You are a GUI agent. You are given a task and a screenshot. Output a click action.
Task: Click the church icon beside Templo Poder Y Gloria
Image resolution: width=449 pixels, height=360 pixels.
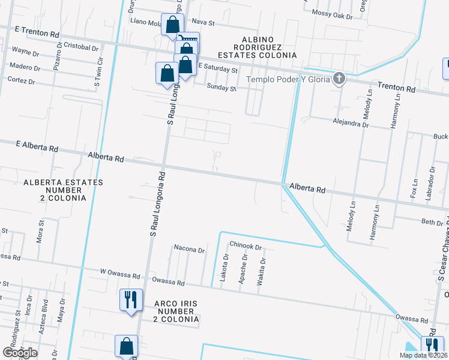(339, 78)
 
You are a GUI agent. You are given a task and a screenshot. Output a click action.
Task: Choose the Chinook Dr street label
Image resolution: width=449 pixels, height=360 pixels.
(246, 247)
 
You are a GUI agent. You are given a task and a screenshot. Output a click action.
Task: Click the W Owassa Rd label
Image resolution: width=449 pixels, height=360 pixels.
(120, 271)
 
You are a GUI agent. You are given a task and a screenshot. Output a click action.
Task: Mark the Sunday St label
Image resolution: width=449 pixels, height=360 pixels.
(221, 88)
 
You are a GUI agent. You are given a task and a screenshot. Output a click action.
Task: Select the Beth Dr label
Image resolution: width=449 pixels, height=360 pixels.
(432, 222)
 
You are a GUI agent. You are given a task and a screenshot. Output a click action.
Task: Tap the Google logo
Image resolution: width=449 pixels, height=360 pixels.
(20, 353)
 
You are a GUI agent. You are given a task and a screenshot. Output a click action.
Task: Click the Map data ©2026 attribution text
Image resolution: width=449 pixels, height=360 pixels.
(423, 355)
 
